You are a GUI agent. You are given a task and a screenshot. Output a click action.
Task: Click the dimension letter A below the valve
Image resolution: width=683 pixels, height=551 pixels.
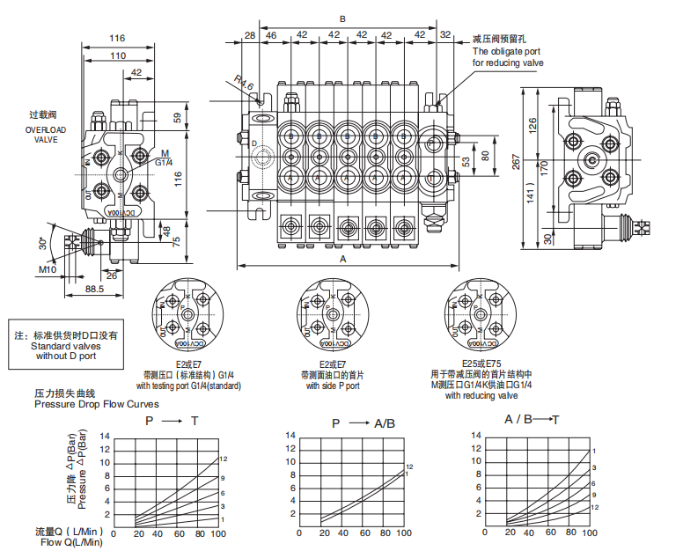coord(341,260)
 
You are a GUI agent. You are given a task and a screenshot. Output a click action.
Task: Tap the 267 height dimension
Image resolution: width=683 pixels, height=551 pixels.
coord(517,163)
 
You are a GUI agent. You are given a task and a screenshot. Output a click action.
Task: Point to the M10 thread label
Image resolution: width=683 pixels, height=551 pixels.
coord(47,269)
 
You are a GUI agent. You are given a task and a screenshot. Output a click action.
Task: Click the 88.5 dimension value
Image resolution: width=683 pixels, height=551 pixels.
coord(94,288)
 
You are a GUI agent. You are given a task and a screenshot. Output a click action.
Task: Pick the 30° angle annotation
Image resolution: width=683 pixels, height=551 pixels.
coord(42,242)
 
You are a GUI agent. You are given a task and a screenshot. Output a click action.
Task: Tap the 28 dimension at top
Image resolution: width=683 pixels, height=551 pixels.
coord(250,35)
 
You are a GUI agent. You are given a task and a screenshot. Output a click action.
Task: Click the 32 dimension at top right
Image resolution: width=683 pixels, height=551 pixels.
coord(444,35)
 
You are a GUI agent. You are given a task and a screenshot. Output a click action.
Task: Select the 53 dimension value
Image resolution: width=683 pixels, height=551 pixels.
coord(466,162)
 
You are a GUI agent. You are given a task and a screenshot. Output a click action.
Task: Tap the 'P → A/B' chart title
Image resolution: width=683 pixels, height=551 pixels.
coord(364,423)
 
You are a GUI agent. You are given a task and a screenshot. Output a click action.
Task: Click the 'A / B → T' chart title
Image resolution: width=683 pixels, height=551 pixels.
coord(532,418)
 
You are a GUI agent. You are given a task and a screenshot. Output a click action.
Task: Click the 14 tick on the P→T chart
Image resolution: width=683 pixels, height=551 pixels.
coord(106,436)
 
